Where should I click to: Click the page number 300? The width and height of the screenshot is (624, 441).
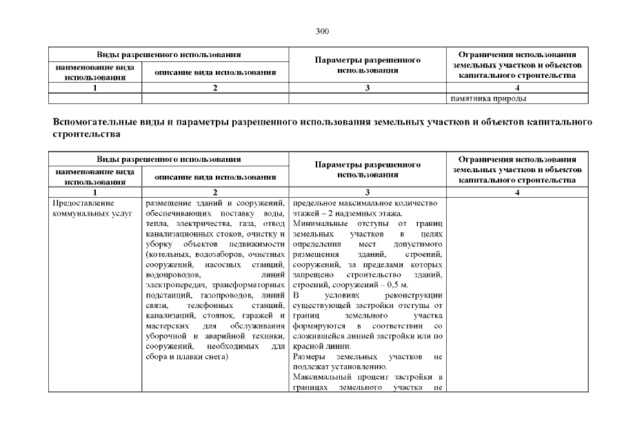(322, 31)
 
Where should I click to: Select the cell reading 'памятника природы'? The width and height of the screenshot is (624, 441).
(488, 99)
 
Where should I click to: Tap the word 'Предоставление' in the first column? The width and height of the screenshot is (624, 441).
(81, 203)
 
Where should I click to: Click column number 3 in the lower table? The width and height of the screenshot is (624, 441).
(368, 192)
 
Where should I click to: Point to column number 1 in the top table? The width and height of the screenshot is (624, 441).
(94, 88)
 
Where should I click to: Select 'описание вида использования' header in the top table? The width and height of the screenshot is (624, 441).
(215, 72)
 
